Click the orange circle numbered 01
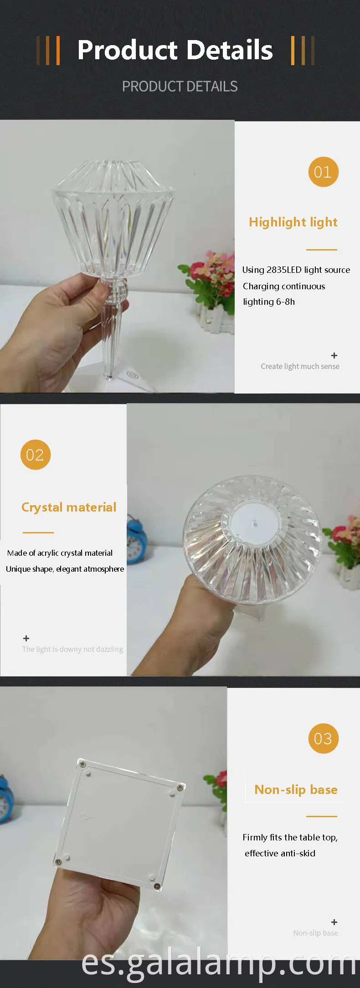click(323, 172)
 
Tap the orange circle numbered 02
click(35, 455)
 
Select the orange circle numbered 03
click(323, 738)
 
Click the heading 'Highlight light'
click(293, 222)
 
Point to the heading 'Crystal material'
click(69, 507)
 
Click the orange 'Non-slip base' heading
click(296, 790)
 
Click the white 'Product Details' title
click(175, 50)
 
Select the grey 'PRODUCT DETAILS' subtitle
click(180, 87)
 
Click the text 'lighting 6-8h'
click(269, 302)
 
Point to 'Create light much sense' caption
click(300, 366)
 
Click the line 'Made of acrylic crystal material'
click(60, 553)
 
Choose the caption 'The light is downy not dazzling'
click(72, 649)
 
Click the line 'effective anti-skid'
click(280, 853)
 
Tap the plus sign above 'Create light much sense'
click(334, 355)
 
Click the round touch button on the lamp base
click(133, 375)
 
